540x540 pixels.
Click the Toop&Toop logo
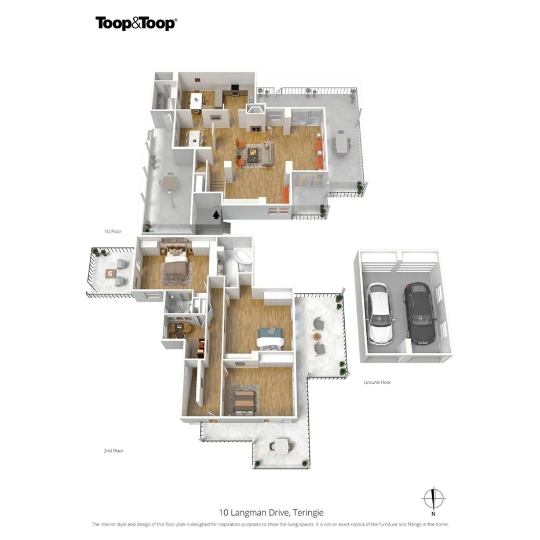click(x=136, y=23)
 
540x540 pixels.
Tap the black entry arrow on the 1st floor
click(x=216, y=215)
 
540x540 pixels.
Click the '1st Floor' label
click(x=112, y=231)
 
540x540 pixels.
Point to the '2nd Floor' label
click(x=114, y=450)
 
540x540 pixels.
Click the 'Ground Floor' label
click(x=377, y=382)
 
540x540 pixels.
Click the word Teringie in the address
click(x=308, y=512)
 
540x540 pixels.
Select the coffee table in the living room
click(x=253, y=153)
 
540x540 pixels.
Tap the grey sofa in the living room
click(x=268, y=153)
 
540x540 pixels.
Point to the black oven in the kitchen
click(x=235, y=89)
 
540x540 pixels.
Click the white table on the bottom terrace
click(x=281, y=446)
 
